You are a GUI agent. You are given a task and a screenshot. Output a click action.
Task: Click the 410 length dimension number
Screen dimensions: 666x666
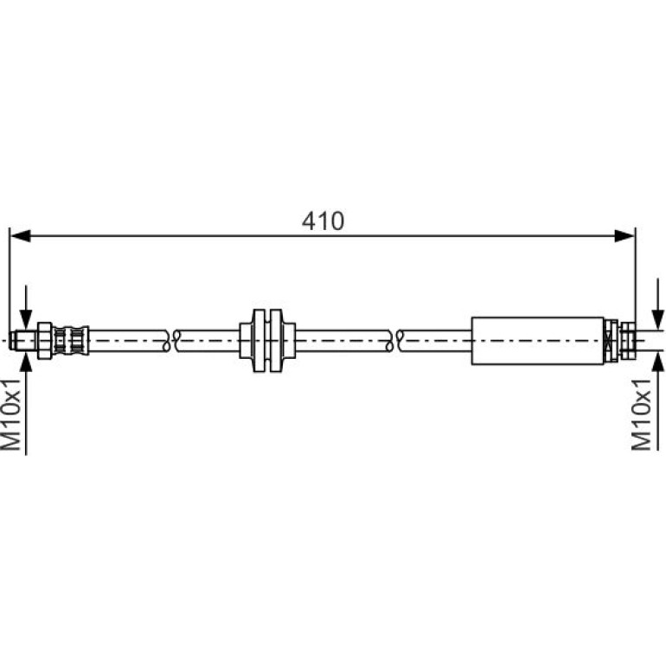[x=323, y=221]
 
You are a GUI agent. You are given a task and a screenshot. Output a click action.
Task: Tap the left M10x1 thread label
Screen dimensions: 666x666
[x=11, y=414]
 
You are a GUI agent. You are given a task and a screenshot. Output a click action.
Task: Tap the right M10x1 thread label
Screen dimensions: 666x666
[x=642, y=414]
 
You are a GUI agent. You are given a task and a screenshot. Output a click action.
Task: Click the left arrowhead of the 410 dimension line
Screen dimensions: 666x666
[x=20, y=236]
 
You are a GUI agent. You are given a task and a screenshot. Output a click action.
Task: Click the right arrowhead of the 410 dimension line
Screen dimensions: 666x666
[x=624, y=236]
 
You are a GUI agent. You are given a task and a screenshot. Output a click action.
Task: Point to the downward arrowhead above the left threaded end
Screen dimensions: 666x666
[x=26, y=321]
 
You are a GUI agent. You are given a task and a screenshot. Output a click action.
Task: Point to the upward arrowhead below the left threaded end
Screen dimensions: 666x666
[x=26, y=362]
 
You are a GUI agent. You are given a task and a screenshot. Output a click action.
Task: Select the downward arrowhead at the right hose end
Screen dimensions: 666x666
[x=657, y=319]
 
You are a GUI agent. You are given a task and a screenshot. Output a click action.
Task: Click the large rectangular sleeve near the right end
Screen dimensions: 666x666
[x=538, y=341]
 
